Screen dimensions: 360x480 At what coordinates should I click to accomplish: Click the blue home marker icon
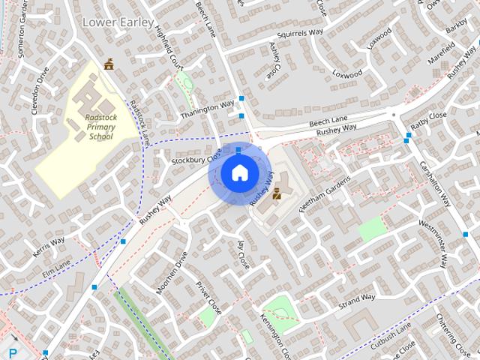click(238, 173)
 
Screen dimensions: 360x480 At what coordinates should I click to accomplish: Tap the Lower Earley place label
click(112, 22)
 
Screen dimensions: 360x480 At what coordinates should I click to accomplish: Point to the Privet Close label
click(209, 297)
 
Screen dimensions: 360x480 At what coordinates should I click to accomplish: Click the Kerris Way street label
click(49, 247)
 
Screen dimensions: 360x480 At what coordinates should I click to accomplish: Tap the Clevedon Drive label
click(39, 91)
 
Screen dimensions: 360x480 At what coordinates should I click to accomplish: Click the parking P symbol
click(13, 352)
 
